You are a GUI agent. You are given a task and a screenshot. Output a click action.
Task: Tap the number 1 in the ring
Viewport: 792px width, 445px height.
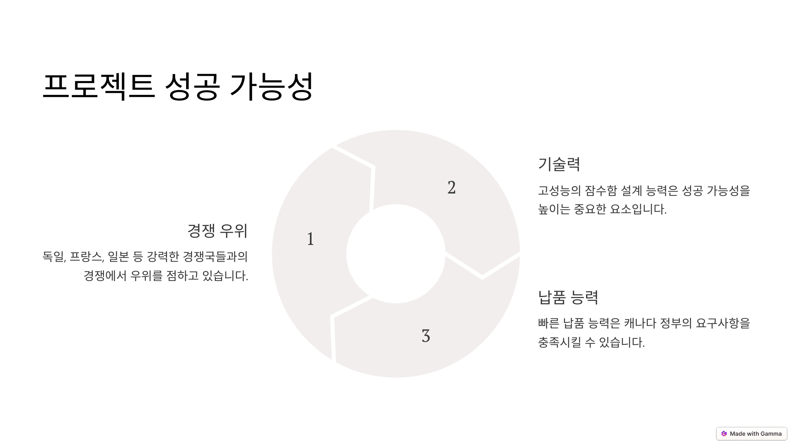click(310, 239)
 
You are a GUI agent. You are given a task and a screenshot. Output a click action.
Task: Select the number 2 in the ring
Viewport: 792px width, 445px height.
click(451, 188)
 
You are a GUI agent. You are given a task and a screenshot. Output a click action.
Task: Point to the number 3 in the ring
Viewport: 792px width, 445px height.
click(426, 336)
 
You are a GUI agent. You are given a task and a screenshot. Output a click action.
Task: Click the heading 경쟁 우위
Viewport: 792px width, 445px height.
click(217, 231)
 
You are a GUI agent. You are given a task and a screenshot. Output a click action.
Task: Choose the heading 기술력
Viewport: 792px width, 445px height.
click(559, 164)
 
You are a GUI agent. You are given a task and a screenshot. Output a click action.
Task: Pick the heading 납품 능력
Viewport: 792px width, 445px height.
click(568, 297)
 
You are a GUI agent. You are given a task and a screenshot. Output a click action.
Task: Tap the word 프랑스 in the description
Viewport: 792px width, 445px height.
click(86, 256)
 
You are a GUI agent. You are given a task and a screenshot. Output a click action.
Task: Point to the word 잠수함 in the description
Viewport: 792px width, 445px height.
click(600, 191)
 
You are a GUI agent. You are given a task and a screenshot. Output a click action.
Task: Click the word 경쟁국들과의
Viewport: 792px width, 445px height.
click(215, 256)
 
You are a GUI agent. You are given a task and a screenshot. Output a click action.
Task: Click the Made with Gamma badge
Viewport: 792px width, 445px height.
click(751, 433)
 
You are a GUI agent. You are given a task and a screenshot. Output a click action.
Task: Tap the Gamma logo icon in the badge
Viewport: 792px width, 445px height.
click(724, 433)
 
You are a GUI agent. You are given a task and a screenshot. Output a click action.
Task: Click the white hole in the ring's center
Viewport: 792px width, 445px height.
click(396, 254)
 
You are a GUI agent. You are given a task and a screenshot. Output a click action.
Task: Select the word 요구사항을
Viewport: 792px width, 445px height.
click(723, 323)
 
